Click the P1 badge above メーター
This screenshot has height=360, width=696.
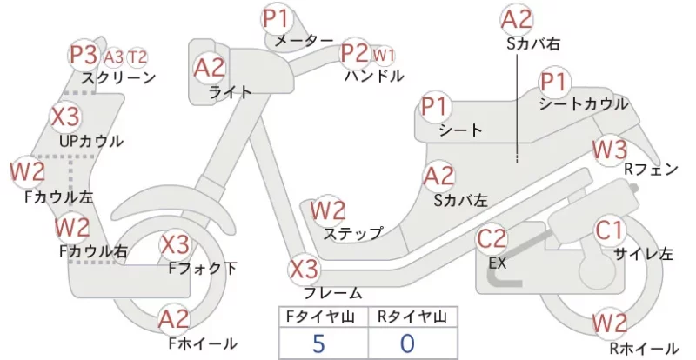(x=277, y=18)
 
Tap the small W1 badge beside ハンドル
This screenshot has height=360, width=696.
(x=383, y=56)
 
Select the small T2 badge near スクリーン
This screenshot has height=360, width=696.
(x=137, y=57)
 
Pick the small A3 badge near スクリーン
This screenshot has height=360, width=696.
(x=114, y=57)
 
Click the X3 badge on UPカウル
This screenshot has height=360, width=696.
(x=64, y=117)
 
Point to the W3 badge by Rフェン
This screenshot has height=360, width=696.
(x=610, y=150)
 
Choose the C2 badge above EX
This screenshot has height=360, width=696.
(x=492, y=239)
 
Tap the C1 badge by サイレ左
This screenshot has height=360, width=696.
(x=610, y=230)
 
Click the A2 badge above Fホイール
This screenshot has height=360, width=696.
(x=174, y=319)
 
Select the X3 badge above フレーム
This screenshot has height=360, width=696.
(x=304, y=269)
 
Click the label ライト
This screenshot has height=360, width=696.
(x=231, y=92)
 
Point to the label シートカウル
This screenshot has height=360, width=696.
(x=583, y=103)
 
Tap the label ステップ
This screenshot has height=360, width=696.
(x=353, y=234)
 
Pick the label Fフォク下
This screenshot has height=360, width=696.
(x=203, y=268)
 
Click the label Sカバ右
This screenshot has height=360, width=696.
(x=533, y=43)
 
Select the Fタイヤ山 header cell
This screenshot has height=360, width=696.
(x=324, y=317)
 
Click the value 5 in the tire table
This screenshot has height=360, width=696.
(x=318, y=343)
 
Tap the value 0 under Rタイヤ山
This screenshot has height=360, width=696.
(x=407, y=343)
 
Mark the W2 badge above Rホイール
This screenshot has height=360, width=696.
(x=610, y=323)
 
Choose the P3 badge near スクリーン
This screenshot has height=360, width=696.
(x=84, y=55)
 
